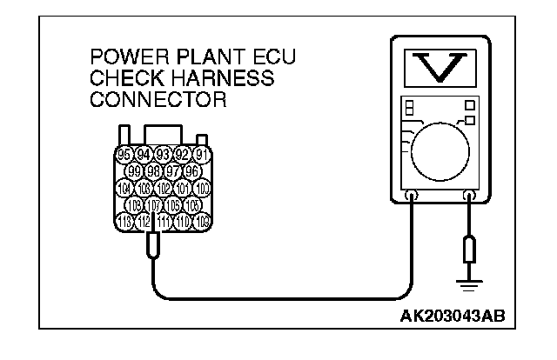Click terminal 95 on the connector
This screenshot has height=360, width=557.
(x=124, y=157)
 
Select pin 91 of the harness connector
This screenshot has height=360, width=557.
(x=202, y=157)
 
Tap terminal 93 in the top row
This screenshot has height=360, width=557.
(x=163, y=157)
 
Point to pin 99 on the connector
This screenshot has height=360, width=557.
(x=135, y=171)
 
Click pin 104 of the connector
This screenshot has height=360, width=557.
(x=124, y=188)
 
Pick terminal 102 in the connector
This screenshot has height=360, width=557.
(x=164, y=188)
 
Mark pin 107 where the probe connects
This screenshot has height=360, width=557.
(x=154, y=205)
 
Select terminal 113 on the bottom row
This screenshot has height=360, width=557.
(x=124, y=221)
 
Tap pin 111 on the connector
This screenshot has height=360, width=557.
(x=164, y=221)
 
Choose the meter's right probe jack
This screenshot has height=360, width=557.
(x=470, y=196)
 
